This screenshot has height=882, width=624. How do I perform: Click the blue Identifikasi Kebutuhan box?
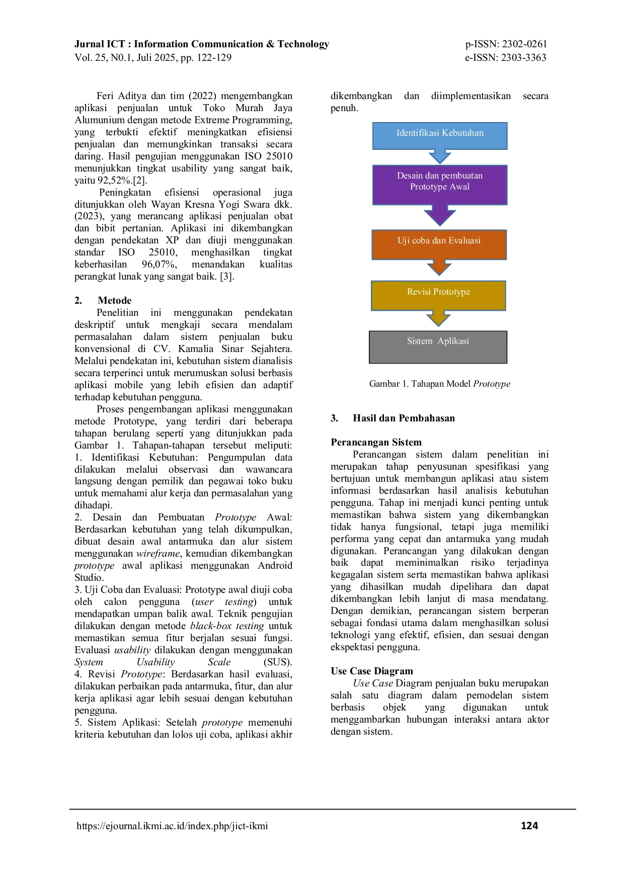(x=440, y=136)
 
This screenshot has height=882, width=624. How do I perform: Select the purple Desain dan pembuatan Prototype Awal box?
(x=440, y=185)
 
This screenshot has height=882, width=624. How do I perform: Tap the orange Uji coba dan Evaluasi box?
(x=439, y=245)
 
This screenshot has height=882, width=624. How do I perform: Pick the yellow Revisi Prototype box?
(x=438, y=296)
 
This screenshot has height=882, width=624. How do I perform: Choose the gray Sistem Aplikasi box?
(x=438, y=347)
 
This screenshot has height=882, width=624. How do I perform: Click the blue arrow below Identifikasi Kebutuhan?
(x=440, y=156)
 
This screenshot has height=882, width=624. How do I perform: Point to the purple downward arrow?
(x=440, y=215)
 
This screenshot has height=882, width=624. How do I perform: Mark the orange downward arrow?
(x=439, y=268)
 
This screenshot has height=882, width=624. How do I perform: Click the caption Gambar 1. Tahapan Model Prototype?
(x=440, y=384)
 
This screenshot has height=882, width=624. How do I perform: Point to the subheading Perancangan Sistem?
(x=376, y=442)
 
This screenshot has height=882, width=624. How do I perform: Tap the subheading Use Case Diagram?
(x=371, y=671)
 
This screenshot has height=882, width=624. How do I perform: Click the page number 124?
(x=529, y=825)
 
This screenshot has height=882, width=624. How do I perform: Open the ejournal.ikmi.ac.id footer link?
(x=172, y=826)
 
